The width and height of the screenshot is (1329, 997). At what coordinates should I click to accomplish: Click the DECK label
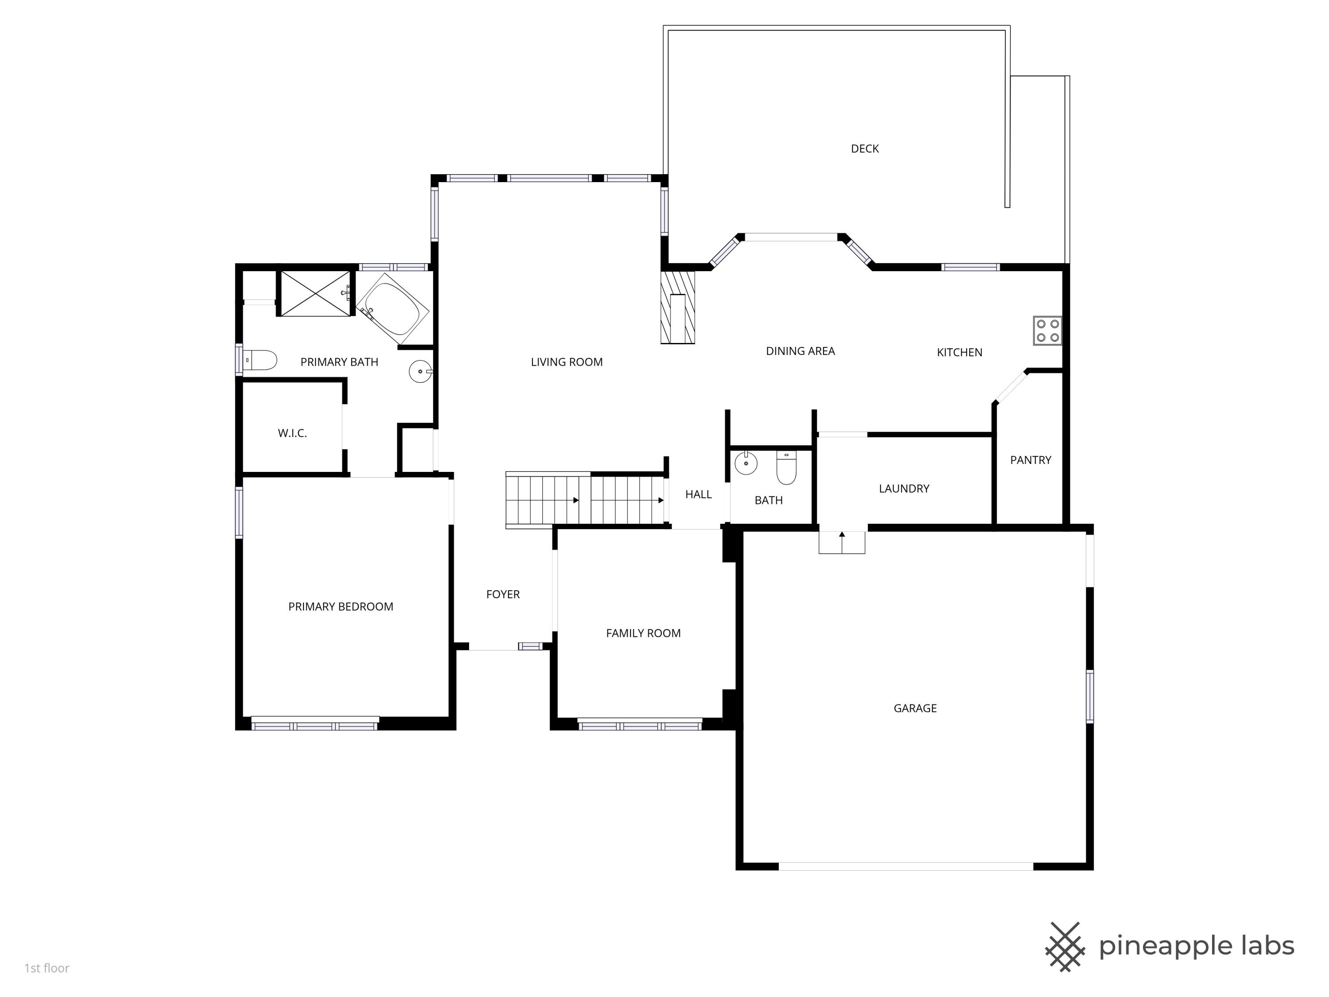[x=865, y=148]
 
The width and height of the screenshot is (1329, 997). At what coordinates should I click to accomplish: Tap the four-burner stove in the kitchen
[x=1047, y=331]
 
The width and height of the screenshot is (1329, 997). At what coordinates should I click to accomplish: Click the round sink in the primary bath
[x=420, y=371]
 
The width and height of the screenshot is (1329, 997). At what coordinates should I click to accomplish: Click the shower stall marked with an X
[x=315, y=293]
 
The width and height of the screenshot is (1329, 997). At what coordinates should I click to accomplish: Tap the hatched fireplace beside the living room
[x=678, y=308]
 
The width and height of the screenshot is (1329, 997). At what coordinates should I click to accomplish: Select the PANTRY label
[x=1030, y=460]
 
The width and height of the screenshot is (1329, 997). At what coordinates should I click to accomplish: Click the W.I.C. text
[x=292, y=432]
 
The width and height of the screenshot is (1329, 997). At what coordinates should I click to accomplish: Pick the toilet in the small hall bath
[x=786, y=468]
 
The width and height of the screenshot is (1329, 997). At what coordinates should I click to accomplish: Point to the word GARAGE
[x=915, y=708]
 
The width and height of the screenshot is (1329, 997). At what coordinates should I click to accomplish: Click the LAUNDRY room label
[x=904, y=489]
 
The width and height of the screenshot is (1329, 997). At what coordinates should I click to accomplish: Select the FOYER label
[x=503, y=594]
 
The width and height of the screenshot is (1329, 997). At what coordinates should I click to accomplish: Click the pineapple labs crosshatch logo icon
[x=1065, y=946]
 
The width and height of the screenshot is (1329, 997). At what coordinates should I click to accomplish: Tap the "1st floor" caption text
[x=47, y=968]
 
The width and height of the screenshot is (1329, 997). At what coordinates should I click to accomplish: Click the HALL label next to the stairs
[x=698, y=494]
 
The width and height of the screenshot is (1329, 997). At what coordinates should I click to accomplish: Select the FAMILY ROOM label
[x=643, y=633]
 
